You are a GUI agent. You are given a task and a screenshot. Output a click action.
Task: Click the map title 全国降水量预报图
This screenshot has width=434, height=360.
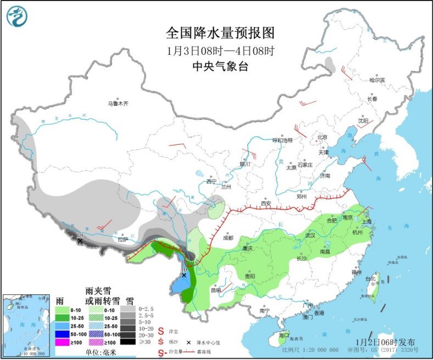coord(220,33)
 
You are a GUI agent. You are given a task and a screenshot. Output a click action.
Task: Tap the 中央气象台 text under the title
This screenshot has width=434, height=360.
coord(220,66)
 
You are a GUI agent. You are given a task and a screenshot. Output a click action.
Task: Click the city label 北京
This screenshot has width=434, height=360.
coord(321,137)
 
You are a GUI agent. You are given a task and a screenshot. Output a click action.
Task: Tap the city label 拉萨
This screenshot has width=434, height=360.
coord(123,239)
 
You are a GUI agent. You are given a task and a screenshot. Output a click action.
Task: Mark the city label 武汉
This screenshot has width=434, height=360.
coord(310,235)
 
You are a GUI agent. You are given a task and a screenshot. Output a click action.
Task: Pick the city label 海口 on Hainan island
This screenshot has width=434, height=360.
coord(283,335)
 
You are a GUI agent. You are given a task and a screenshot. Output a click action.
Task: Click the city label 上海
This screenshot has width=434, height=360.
coord(366,222)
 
